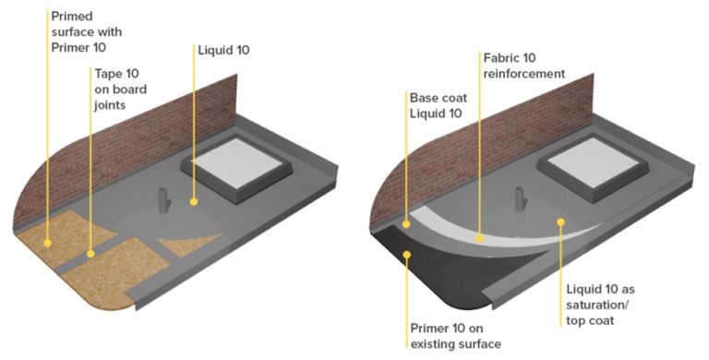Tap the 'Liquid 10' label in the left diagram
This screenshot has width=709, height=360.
tap(224, 49)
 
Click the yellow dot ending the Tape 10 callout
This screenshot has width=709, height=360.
tap(90, 252)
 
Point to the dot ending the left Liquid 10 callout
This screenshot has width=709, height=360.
tap(193, 200)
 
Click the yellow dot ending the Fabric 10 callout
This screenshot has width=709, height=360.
tap(479, 237)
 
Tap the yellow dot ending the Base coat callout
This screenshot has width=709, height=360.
tap(406, 223)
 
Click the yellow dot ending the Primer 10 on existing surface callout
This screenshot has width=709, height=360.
tap(407, 258)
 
